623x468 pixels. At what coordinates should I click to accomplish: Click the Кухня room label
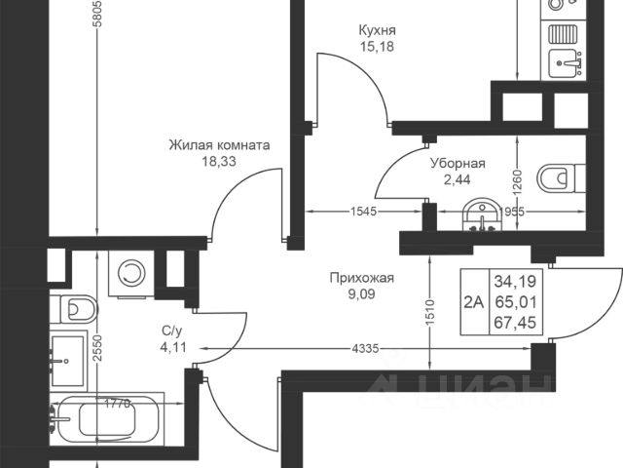tap(377, 30)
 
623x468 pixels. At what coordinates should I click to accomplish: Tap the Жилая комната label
tap(219, 145)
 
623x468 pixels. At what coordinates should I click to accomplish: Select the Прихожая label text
tap(361, 277)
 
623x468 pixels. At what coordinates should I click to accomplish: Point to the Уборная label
tap(458, 164)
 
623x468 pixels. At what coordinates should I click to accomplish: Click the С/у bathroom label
tap(172, 331)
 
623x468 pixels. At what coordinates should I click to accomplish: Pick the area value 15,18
tap(377, 47)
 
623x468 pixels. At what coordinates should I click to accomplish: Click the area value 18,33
tap(219, 161)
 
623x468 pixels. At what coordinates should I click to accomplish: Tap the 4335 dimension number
tap(365, 349)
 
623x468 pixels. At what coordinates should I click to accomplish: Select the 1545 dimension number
tap(363, 212)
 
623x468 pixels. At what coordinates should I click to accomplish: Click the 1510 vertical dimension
tap(430, 313)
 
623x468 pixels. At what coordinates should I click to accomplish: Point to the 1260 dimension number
tap(517, 183)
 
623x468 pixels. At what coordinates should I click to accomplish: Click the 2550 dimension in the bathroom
tap(97, 348)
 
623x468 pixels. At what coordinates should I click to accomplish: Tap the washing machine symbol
tap(131, 273)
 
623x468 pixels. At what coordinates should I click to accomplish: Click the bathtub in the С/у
tap(107, 419)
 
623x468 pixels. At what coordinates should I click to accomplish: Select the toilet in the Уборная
tap(561, 177)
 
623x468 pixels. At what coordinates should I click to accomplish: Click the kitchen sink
tap(565, 63)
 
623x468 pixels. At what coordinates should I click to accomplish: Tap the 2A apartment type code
tap(474, 302)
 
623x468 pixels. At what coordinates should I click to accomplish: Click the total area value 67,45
tap(515, 323)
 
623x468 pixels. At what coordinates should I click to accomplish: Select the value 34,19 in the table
tap(515, 282)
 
